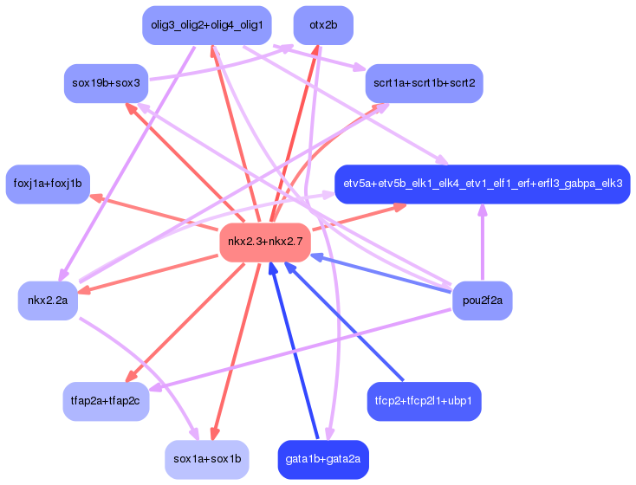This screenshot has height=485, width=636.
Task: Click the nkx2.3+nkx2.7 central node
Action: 264,242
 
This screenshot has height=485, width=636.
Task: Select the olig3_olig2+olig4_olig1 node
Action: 207,25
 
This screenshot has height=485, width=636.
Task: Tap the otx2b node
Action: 322,25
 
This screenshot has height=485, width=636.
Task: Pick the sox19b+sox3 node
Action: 107,83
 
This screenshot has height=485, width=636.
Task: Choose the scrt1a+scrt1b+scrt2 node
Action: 424,83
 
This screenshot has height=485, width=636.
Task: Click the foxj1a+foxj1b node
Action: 48,184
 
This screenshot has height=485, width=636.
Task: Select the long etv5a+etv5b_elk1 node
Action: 482,184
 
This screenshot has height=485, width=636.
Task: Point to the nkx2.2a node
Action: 48,300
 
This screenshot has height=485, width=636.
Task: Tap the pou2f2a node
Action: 482,300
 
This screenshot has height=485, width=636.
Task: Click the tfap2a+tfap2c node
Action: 106,401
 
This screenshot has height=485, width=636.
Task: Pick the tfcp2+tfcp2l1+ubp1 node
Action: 424,401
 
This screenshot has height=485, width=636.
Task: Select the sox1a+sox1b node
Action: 207,459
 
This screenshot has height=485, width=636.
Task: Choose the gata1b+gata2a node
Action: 322,459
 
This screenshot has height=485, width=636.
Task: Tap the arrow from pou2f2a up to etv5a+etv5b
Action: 482,247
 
